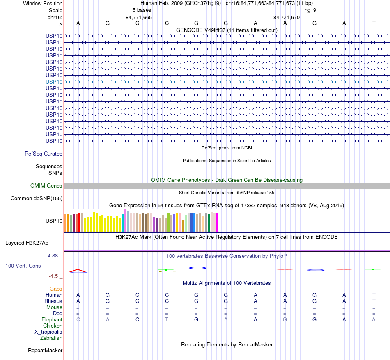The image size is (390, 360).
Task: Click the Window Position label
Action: (x=43, y=3)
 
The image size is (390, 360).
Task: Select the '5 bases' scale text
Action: (x=142, y=10)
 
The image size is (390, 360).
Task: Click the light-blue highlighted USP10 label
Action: (x=54, y=82)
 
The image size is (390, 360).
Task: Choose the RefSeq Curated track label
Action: (x=44, y=154)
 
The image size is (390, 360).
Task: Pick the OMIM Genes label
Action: (x=46, y=186)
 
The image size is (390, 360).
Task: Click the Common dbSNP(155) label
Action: (x=36, y=199)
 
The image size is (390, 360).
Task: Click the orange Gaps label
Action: (x=56, y=289)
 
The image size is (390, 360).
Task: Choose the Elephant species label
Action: (x=52, y=320)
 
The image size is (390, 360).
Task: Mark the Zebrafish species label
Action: (x=51, y=338)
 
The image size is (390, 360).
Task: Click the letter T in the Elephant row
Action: (x=167, y=320)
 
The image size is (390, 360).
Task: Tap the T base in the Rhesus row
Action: (x=374, y=301)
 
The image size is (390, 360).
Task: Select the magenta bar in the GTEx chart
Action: (x=217, y=222)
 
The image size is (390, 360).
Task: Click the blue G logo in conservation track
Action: (x=197, y=268)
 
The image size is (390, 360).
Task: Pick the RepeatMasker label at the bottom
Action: (x=45, y=351)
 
